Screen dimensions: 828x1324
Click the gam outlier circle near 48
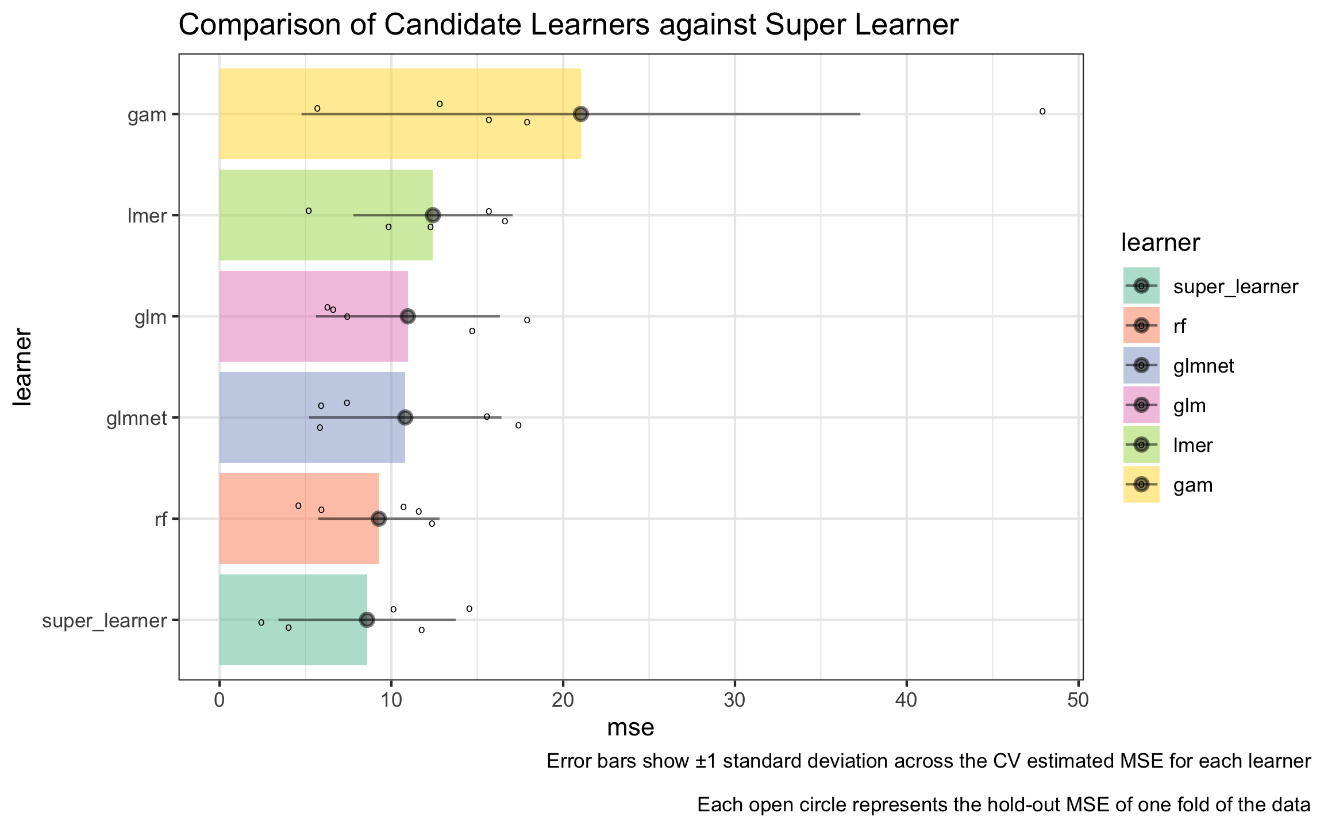pos(1042,111)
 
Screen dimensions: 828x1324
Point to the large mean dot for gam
pos(581,114)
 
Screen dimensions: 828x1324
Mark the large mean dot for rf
pos(379,519)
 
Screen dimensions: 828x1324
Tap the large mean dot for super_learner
pos(367,619)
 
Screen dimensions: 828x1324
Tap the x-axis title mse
pos(630,728)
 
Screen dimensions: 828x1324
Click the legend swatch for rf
pos(1141,325)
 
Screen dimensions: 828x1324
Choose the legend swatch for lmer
pos(1141,444)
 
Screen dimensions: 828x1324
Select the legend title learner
pos(1160,243)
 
